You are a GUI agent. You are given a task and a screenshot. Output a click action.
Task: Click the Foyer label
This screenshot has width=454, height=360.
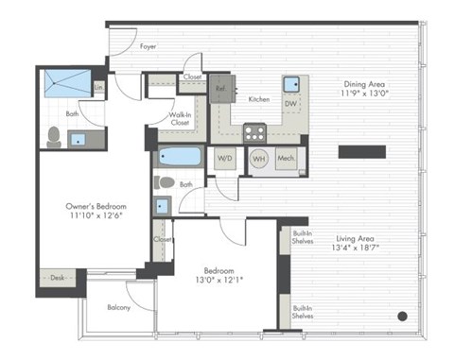[148, 44]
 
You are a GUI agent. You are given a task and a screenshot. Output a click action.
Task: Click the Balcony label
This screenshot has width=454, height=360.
[119, 307]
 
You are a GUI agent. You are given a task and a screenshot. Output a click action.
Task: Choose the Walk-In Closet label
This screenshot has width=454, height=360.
[183, 117]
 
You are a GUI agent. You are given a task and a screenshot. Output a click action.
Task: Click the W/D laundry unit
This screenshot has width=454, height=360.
[225, 158]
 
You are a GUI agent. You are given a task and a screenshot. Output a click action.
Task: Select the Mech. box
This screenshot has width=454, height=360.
[287, 159]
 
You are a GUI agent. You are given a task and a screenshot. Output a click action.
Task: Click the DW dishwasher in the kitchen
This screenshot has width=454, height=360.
[291, 104]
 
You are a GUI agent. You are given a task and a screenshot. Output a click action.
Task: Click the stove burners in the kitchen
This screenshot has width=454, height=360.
[254, 132]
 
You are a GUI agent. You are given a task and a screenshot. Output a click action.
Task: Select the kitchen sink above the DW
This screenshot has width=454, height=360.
[293, 82]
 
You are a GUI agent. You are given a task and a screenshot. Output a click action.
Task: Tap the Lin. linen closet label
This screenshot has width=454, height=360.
[98, 88]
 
